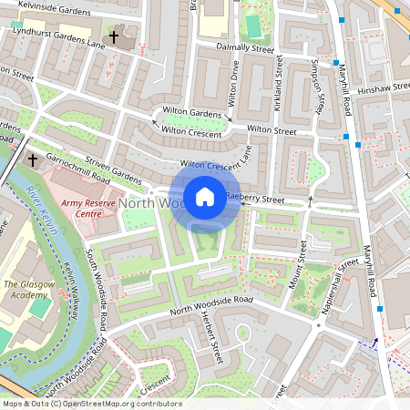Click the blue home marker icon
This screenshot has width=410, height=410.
click(205, 197)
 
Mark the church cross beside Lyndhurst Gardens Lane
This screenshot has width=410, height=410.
click(114, 37)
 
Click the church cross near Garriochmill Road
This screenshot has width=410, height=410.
click(33, 159)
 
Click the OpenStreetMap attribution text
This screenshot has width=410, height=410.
click(91, 404)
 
